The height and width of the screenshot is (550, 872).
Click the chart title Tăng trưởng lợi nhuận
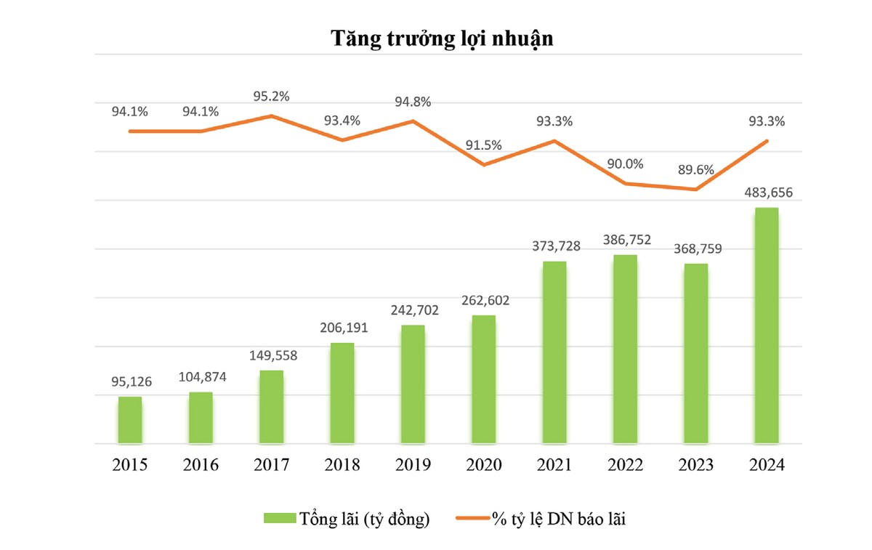pos(443,39)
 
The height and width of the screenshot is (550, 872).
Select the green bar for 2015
pos(130,420)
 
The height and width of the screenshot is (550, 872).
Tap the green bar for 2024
pos(767,325)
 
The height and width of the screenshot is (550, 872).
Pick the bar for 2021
pos(554,352)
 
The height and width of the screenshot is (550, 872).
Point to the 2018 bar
pos(342,393)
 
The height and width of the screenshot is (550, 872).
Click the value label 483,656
pos(767,193)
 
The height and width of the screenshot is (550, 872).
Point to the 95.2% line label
pos(272,98)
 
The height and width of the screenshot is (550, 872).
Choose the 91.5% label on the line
pos(484,145)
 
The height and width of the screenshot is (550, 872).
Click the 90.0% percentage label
pos(625,164)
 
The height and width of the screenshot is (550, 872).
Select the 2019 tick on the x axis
pos(413,465)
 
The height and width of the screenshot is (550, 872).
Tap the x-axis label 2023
pos(695,465)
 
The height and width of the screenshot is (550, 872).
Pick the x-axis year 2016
pos(201,465)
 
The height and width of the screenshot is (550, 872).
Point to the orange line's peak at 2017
pos(271,116)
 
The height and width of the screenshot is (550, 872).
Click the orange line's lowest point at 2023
pos(696,190)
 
